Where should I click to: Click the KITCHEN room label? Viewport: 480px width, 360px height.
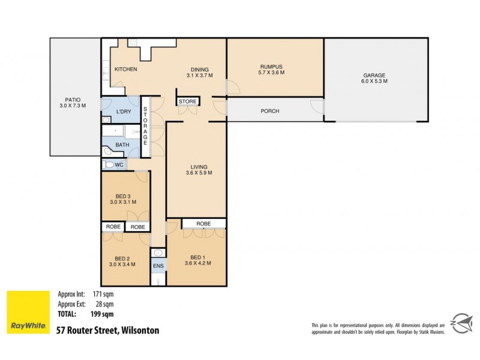pos(126,70)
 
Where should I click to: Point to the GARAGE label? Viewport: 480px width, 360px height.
pos(374,75)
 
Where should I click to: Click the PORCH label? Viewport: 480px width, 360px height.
pos(269,111)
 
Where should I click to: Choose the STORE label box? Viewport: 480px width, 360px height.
pos(187,102)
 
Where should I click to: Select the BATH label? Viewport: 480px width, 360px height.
pos(122,145)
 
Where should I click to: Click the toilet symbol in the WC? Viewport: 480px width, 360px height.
pos(109,164)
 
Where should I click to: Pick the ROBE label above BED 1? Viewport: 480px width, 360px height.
pos(203,223)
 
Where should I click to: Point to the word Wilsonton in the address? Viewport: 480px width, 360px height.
pos(142,329)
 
